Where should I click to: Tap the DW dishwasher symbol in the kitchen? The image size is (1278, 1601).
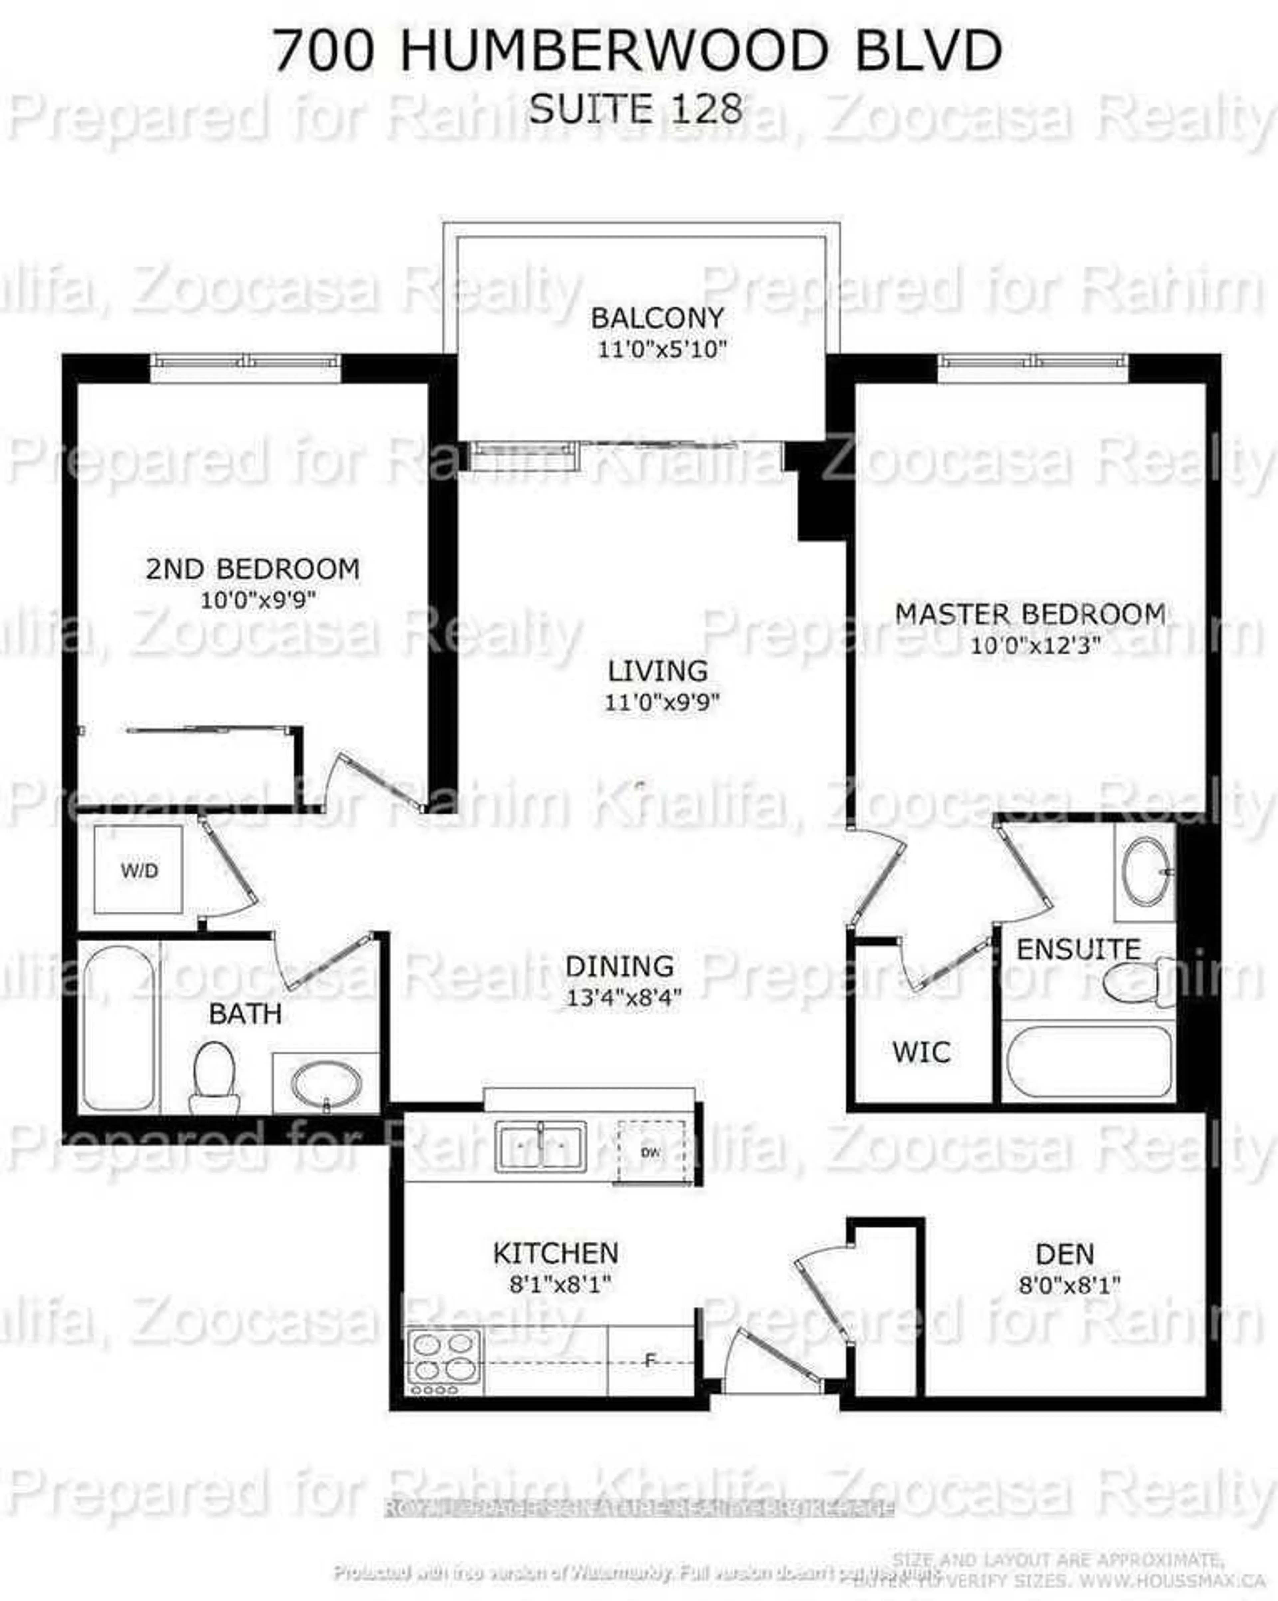[x=651, y=1152]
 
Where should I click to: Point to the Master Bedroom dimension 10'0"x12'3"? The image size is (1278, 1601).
[x=1034, y=645]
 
